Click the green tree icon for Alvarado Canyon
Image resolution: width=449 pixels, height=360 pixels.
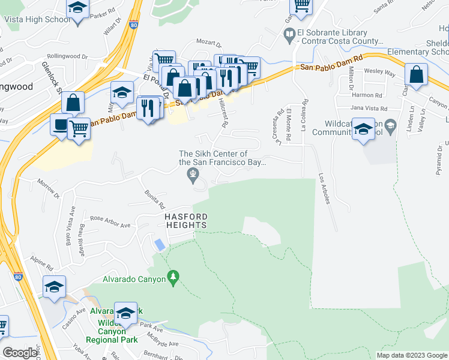point(174,277)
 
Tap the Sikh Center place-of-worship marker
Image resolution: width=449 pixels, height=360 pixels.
point(193,176)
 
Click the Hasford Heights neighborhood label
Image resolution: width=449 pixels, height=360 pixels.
point(183,220)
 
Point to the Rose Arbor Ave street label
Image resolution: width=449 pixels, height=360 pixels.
point(110,222)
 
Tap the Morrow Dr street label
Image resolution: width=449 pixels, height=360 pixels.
point(50,188)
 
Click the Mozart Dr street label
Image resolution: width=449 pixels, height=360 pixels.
point(209,44)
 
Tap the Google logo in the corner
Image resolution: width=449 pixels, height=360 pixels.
point(20,353)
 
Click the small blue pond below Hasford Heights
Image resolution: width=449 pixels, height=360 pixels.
point(160,245)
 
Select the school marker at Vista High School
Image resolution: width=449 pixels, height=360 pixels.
point(77,9)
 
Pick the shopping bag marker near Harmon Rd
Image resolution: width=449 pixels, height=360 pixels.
point(416,75)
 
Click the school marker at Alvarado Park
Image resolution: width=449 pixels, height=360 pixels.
point(126,313)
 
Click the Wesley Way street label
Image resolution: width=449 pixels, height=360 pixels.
point(382,73)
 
